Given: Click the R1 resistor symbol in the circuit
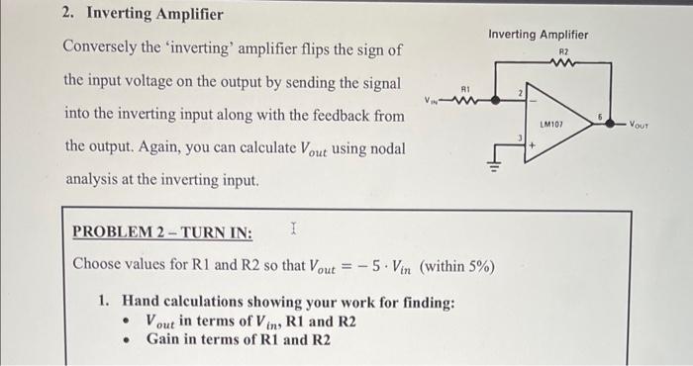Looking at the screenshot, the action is pos(466,99).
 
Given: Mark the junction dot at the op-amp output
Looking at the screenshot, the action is pos(609,125).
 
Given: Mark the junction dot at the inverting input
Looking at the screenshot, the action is pos(508,99).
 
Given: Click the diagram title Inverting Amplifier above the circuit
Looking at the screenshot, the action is pos(538,35).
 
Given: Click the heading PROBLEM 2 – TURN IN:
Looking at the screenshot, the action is pos(163,232).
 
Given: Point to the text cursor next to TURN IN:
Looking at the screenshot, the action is pos(294,230).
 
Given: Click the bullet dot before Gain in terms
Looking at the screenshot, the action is pos(126,339).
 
